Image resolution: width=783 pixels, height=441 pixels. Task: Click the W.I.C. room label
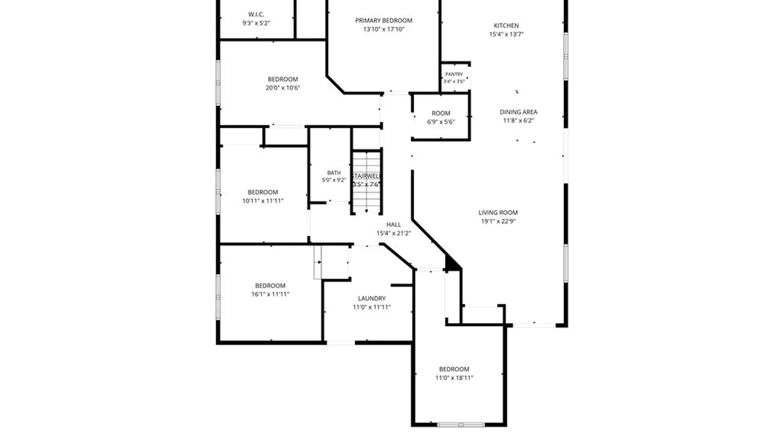point(256,15)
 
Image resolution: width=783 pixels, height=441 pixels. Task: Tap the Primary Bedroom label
point(384,20)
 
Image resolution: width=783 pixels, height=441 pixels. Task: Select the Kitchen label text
point(506,25)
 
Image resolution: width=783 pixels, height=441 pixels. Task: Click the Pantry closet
point(456,78)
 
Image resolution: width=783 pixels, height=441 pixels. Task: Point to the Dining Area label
point(518,112)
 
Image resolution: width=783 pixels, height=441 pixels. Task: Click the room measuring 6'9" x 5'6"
point(441,117)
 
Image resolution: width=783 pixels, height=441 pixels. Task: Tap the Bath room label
point(334,173)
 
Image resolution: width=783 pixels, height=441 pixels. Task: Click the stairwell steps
point(366,182)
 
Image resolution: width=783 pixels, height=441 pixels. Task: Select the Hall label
point(394,225)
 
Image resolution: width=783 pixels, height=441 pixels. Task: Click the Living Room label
point(498,213)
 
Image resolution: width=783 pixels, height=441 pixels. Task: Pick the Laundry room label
point(372,298)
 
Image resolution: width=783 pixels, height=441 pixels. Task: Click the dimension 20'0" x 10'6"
point(283,88)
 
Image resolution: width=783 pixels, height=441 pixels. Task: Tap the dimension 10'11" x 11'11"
point(263,201)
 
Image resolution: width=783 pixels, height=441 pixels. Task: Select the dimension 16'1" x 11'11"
point(270,294)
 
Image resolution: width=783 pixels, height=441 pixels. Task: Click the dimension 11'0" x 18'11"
point(454,378)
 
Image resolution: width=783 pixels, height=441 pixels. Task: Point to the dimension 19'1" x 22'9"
point(498,221)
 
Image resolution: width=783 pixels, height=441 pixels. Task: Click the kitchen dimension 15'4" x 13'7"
point(506,34)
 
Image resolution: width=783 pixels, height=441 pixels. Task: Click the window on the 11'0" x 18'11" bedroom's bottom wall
point(460,425)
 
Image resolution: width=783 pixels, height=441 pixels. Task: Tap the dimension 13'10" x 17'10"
point(384,29)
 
